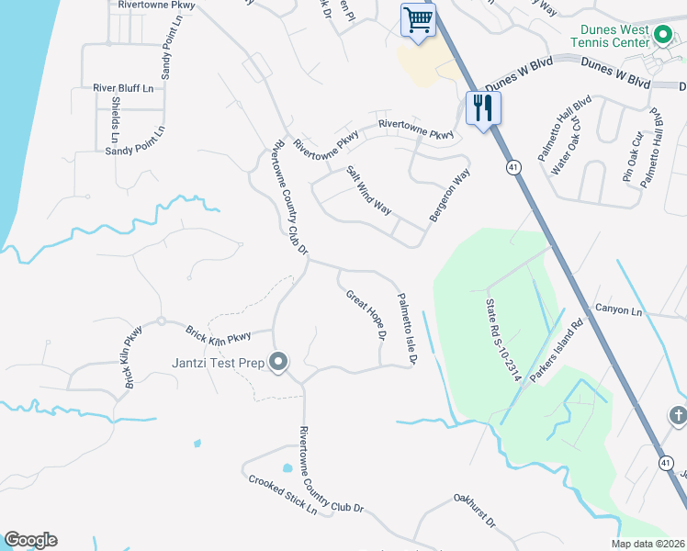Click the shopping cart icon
(x=418, y=19)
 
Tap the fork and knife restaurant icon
(x=481, y=108)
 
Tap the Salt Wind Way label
(x=369, y=190)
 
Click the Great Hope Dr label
(x=366, y=315)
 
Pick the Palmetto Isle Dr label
(x=406, y=328)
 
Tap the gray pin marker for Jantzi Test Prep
(x=279, y=363)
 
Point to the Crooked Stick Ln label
(x=281, y=496)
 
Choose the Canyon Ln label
(x=618, y=310)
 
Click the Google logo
(x=30, y=540)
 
